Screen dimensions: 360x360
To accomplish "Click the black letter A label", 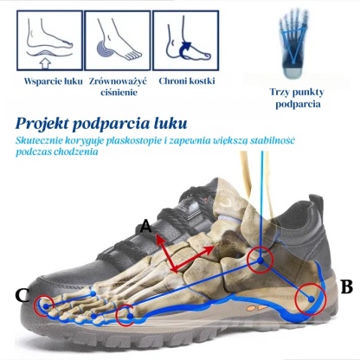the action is [146, 226].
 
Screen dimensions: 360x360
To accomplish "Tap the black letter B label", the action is [346, 286].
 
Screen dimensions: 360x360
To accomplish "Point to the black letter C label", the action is [22, 295].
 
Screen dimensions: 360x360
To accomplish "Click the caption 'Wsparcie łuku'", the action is [54, 81].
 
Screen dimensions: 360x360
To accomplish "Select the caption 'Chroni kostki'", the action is [187, 81].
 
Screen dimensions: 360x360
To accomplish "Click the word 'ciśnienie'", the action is [119, 93].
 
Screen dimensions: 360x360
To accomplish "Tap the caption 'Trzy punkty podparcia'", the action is [297, 98].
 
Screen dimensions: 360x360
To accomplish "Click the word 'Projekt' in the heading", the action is [43, 124].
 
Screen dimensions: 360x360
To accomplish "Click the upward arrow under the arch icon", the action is [45, 63].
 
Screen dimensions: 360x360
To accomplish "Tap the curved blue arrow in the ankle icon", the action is [184, 50].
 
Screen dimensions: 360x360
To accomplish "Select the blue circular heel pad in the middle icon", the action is [104, 50].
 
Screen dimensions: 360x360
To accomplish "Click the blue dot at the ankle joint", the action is [260, 260].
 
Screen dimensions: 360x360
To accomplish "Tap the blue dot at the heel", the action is [311, 299].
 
